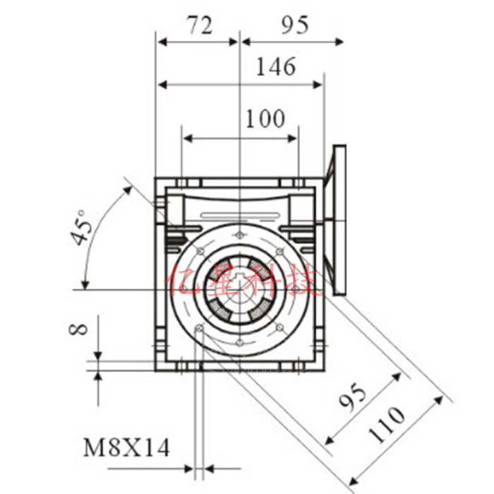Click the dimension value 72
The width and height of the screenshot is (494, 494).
tap(200, 25)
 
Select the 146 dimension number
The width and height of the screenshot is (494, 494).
tap(276, 67)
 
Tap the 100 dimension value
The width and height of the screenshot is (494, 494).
tap(265, 119)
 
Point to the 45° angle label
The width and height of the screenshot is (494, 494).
tap(82, 227)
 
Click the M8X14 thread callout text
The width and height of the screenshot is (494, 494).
tap(126, 447)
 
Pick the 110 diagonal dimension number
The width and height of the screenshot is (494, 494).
tap(387, 424)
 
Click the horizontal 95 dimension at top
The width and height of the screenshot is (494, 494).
tap(295, 25)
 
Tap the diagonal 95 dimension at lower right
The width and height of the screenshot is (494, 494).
tap(353, 397)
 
